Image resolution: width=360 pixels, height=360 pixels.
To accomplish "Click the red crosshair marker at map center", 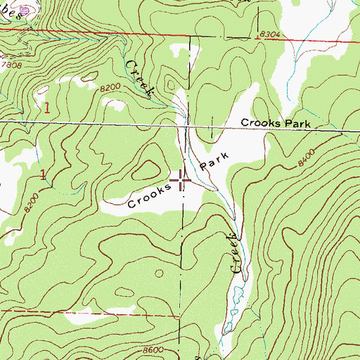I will coord(181,181).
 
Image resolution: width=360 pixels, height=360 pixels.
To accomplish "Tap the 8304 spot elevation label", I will coord(271,34).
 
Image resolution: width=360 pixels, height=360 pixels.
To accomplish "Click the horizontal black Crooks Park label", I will coord(275,122).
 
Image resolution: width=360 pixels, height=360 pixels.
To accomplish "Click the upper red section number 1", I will coord(47,108).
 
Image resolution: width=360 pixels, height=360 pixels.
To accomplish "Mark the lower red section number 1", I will coord(44,174).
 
